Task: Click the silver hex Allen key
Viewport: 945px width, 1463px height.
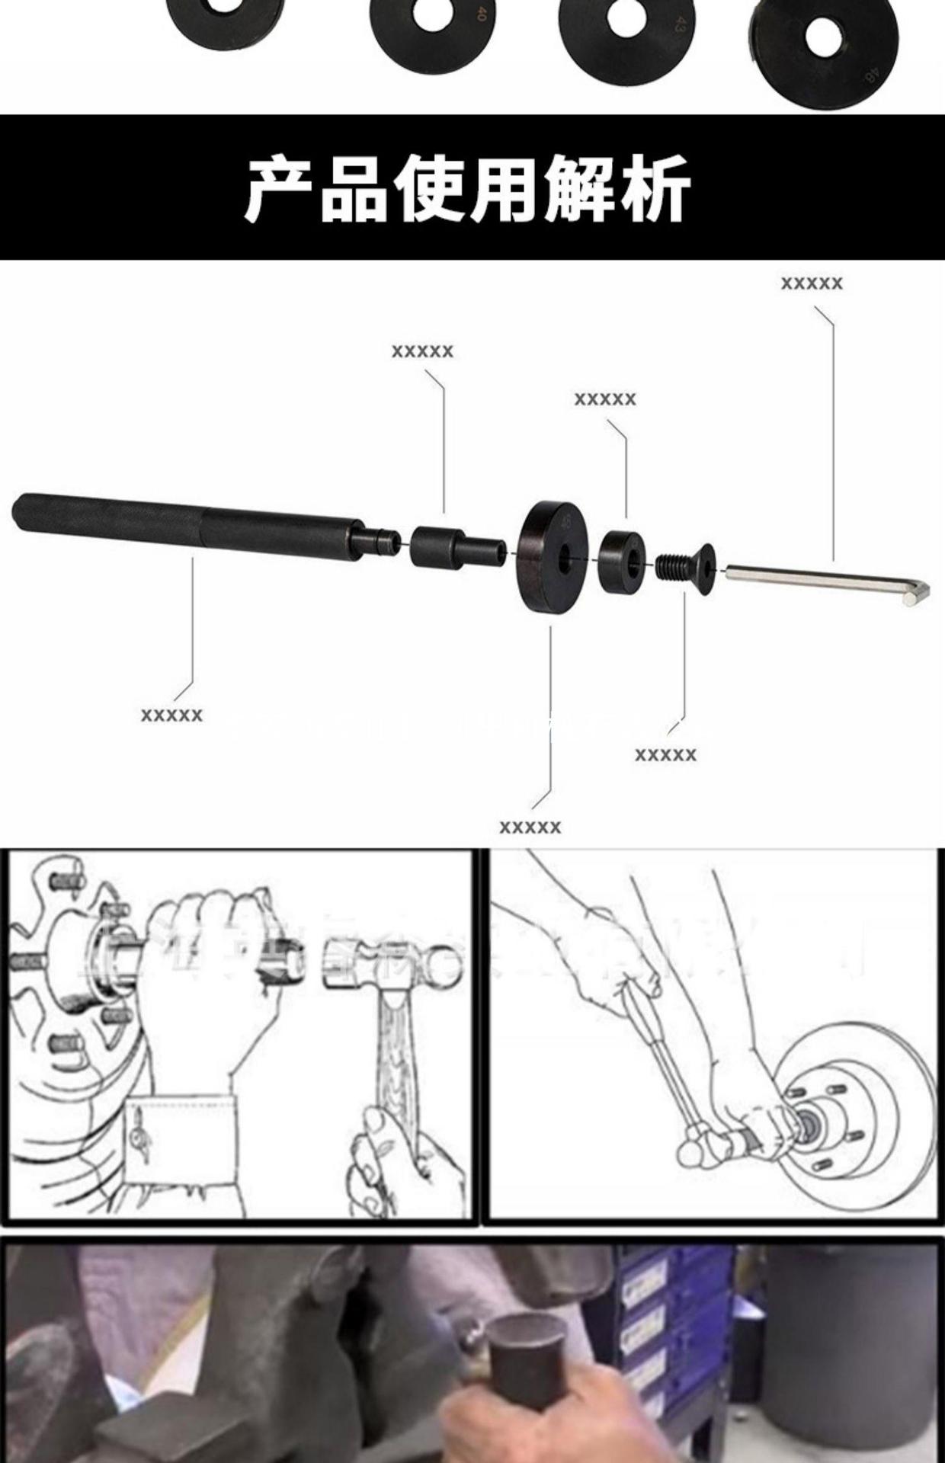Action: pos(823,579)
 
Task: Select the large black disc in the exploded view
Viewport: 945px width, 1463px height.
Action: pos(553,555)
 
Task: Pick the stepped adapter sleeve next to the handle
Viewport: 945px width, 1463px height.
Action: pos(455,546)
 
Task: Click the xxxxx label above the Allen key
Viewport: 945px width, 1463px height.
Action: pos(812,283)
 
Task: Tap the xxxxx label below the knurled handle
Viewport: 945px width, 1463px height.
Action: pos(171,715)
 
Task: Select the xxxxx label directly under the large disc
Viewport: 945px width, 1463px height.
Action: pos(530,828)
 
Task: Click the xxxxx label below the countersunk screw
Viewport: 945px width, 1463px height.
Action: pos(665,755)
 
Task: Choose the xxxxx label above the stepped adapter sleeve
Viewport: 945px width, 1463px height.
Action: pos(422,351)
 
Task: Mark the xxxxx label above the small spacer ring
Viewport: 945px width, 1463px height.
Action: pos(604,399)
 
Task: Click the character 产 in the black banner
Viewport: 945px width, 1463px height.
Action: pos(279,187)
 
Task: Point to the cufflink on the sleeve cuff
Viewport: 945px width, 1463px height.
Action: pos(141,1136)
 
